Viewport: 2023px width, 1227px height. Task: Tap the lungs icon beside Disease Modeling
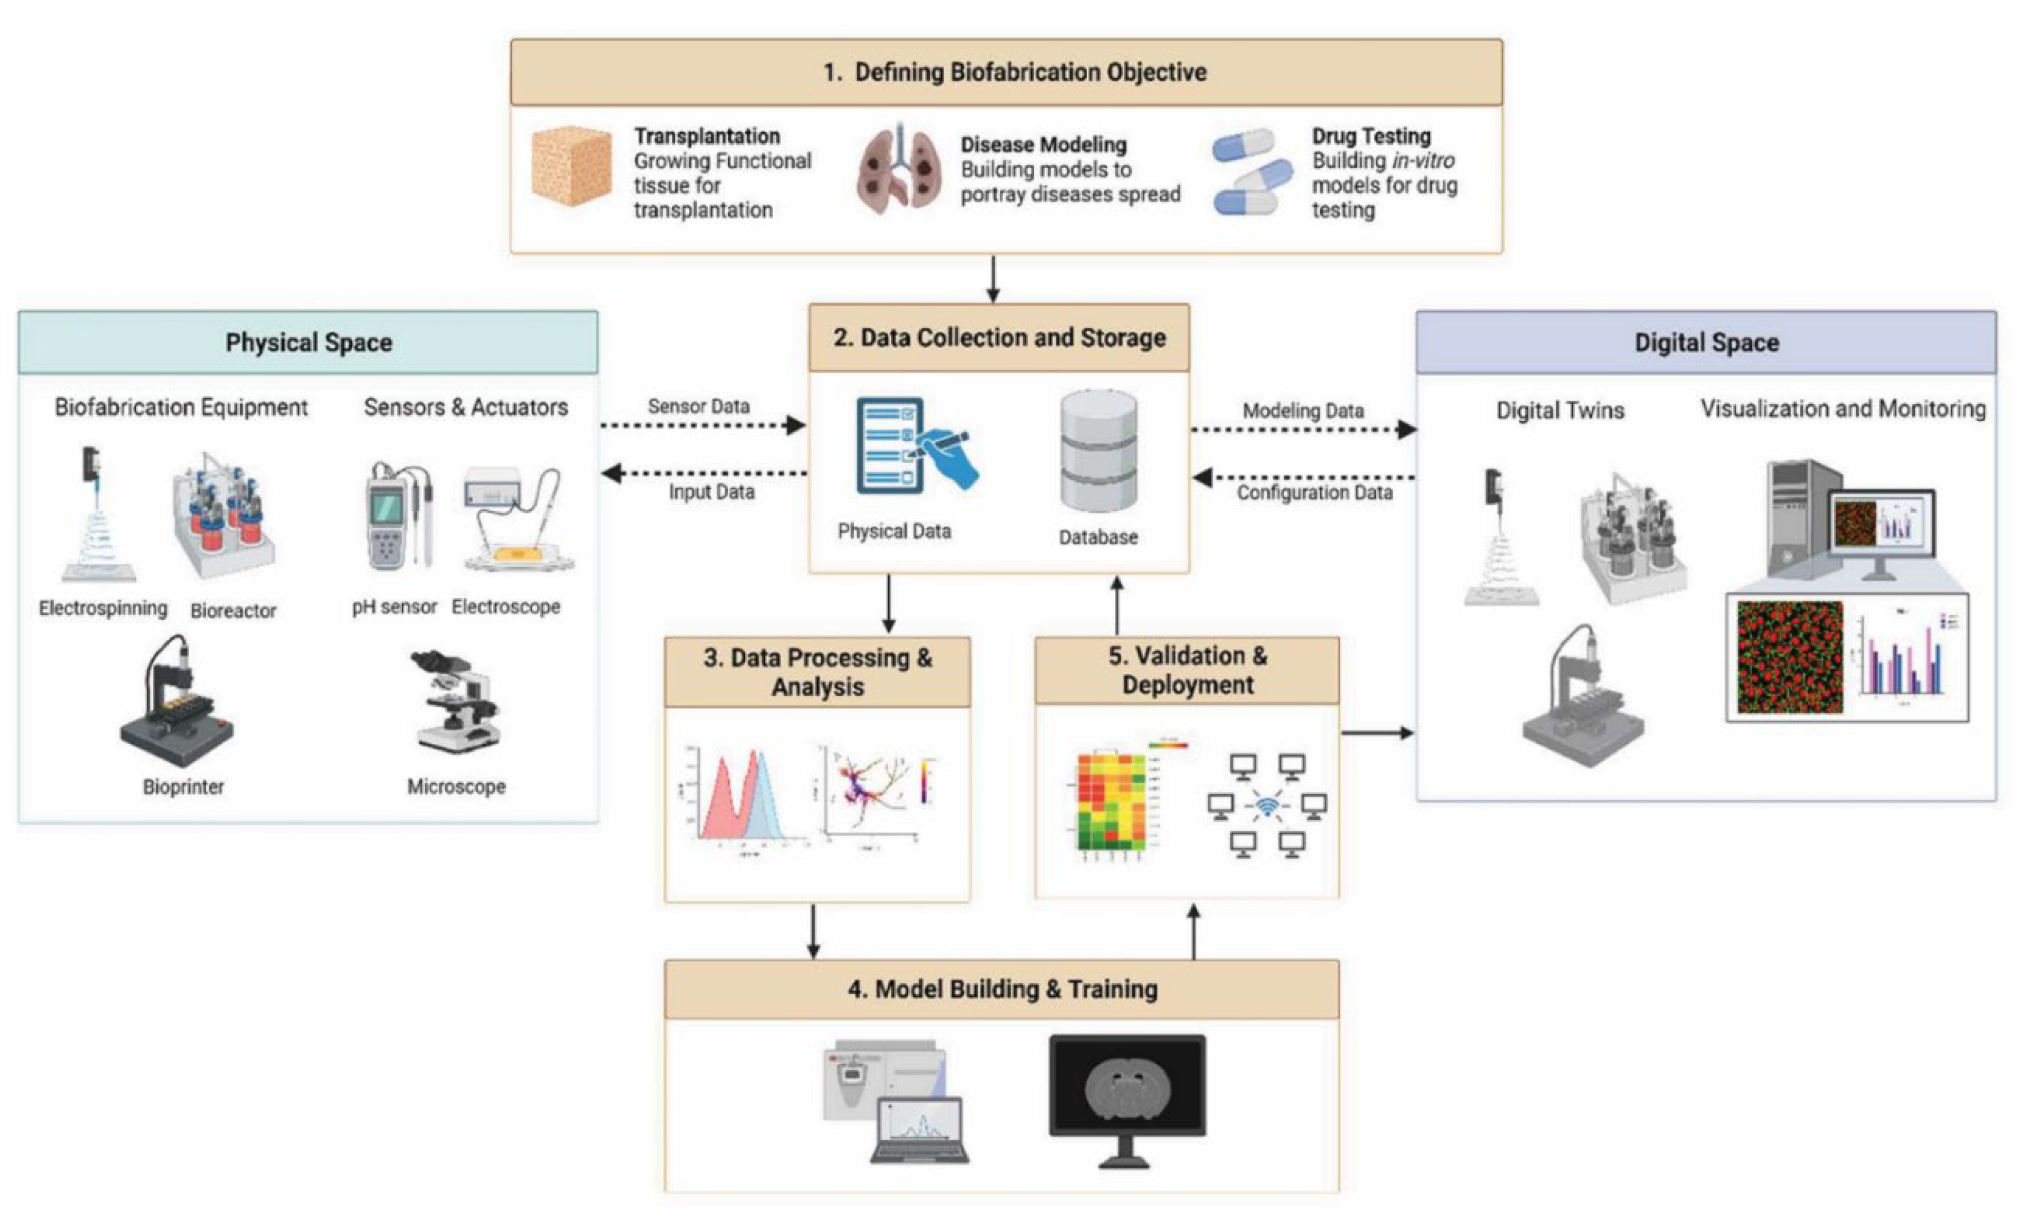click(898, 171)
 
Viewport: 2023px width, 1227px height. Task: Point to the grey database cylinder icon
click(1099, 452)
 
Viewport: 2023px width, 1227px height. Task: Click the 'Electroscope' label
click(506, 607)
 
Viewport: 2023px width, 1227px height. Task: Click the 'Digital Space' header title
click(1706, 342)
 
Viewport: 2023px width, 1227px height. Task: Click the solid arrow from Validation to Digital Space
click(1377, 733)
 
